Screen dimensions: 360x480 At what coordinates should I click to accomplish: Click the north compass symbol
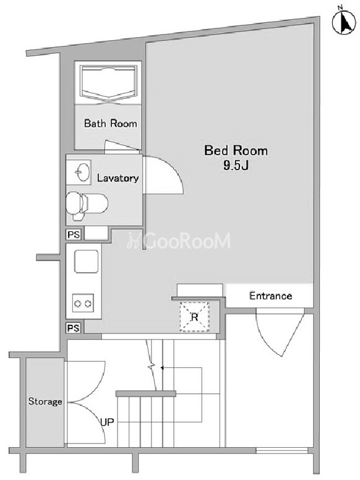pos(344,22)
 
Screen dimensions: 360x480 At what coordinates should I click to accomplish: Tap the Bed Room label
pos(236,150)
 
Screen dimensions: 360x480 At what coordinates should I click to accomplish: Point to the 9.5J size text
pos(236,165)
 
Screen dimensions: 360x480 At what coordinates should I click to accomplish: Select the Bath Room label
pos(111,123)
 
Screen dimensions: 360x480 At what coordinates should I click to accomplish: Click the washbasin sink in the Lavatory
pos(79,172)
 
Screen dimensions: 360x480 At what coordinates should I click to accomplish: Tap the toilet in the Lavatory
pos(87,205)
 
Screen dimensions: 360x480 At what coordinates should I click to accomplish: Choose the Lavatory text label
pos(118,178)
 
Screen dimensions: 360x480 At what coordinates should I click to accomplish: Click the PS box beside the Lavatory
pos(74,234)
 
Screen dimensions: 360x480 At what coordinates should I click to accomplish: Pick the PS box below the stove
pos(74,328)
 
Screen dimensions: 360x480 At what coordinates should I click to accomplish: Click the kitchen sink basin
pos(87,262)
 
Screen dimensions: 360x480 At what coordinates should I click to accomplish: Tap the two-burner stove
pos(83,303)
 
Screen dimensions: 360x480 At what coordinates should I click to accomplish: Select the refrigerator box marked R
pos(194,317)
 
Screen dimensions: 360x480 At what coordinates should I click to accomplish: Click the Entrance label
pos(270,296)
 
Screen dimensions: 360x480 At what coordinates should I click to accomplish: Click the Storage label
pos(45,401)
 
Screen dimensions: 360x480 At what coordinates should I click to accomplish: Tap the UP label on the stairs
pos(107,422)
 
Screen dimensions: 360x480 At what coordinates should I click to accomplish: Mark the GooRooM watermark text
pos(179,241)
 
